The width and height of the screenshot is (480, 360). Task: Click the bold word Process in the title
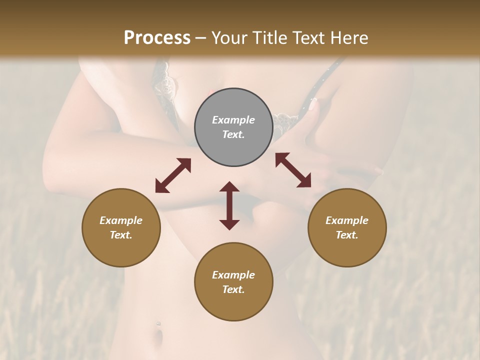point(157,38)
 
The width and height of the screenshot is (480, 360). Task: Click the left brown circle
point(121,227)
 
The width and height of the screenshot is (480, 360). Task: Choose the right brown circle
point(347,227)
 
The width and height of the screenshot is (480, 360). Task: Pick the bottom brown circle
point(233,282)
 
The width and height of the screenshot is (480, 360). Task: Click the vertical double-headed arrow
point(229,205)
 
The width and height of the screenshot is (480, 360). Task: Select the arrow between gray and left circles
point(173,175)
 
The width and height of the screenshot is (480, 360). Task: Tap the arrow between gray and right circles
point(293,170)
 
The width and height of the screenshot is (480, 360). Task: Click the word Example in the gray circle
point(233,120)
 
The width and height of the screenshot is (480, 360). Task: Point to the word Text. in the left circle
point(121,235)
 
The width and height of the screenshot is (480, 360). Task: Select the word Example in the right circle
point(347,220)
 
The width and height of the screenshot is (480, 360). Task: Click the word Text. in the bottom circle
point(233,289)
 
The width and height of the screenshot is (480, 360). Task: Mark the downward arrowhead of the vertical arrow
point(229,223)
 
